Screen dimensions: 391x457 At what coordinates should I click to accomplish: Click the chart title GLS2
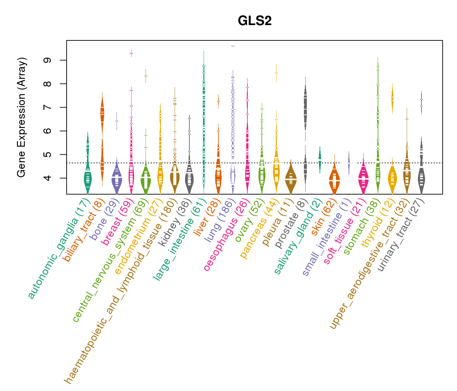(x=255, y=21)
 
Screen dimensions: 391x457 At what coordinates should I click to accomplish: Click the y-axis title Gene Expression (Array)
(x=22, y=117)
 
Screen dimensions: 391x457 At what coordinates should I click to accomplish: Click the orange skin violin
(x=334, y=179)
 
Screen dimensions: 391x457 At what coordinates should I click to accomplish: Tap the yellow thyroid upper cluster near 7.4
(x=392, y=98)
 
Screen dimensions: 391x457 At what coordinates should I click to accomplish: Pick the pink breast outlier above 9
(x=131, y=53)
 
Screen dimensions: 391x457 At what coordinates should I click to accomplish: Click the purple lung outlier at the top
(x=233, y=46)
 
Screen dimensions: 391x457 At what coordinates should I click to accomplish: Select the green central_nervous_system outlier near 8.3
(x=146, y=76)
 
